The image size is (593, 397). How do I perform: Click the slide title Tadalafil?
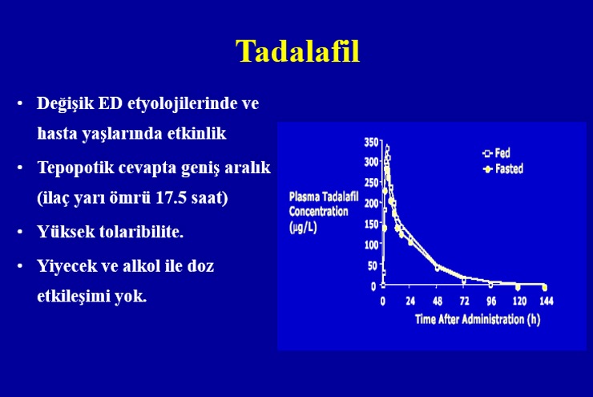click(x=297, y=51)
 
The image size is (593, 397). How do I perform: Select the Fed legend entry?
click(x=497, y=153)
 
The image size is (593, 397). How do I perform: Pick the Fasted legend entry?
click(x=503, y=168)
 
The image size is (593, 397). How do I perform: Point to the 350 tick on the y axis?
click(x=371, y=142)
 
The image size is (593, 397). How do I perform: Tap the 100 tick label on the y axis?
click(x=371, y=245)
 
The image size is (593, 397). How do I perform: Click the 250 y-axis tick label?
click(x=371, y=183)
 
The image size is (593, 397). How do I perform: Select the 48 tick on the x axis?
click(x=438, y=302)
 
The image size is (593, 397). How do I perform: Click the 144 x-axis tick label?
click(x=546, y=302)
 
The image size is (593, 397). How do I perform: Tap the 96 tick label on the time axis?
click(x=491, y=302)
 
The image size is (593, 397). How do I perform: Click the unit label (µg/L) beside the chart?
click(x=303, y=228)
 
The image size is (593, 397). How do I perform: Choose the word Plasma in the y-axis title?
click(x=303, y=196)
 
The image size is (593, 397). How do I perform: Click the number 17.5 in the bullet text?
click(x=171, y=197)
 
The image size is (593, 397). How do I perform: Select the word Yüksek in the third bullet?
click(x=66, y=232)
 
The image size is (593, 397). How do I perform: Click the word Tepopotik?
click(x=75, y=168)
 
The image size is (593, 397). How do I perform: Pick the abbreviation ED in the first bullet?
click(x=110, y=103)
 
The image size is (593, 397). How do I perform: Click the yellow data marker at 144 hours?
click(x=545, y=288)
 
